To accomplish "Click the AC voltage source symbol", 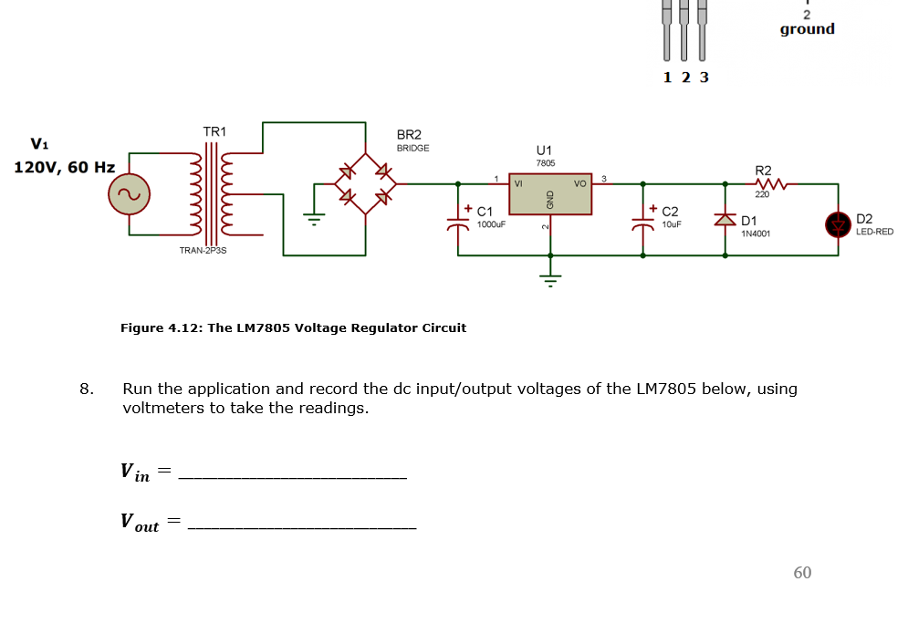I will pos(129,193).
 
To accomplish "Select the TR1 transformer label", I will pos(214,132).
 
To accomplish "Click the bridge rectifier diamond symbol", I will pos(365,183).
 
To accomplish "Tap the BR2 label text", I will pos(409,134).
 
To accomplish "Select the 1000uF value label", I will pos(491,223).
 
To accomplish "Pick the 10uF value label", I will pos(672,223).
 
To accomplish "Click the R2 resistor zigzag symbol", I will pos(763,183).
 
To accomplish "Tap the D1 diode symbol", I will pos(726,221).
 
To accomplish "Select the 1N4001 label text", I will pos(756,234).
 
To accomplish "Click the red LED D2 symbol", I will pos(838,223).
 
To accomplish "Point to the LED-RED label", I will pos(874,232).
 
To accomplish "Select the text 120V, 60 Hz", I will pos(64,168).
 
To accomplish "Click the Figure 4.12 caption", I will pos(293,327).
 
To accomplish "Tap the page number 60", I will pos(802,573).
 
